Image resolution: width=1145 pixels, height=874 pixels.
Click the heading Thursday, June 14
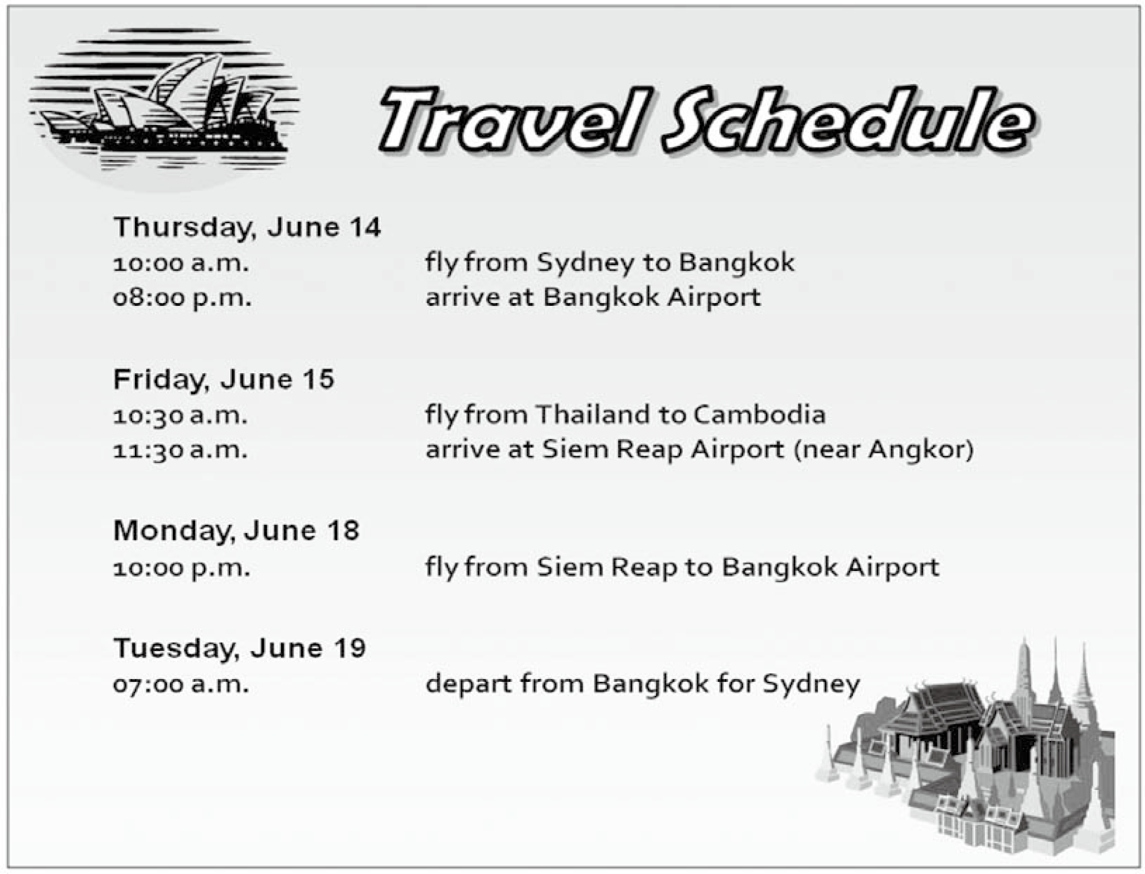247,227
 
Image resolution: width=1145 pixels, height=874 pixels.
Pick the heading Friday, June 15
224,379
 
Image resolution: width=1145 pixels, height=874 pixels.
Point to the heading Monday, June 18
236,530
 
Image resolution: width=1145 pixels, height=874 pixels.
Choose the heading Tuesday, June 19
240,648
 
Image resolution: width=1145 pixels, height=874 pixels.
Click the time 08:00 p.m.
182,298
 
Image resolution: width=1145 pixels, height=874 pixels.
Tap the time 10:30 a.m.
181,416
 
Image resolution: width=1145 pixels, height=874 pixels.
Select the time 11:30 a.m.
181,450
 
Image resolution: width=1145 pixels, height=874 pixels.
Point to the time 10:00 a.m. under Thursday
181,263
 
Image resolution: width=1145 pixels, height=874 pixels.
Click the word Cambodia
759,414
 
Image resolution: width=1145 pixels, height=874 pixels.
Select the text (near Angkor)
884,449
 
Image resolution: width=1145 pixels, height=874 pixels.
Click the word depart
469,683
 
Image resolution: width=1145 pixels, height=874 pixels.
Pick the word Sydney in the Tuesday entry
811,684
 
